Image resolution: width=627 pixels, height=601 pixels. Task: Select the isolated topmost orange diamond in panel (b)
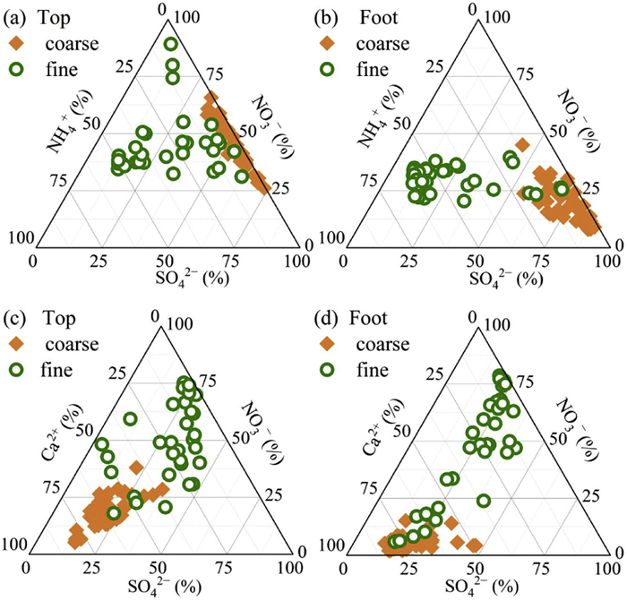coord(522,143)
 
